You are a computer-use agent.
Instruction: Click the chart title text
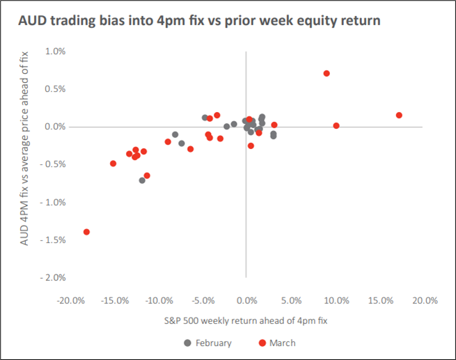tap(199, 21)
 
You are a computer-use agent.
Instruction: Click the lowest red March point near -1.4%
tap(86, 232)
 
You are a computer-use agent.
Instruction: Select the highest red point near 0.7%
tap(327, 73)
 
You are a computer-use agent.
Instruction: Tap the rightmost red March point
tap(399, 115)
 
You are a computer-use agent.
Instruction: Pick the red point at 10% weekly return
tap(336, 125)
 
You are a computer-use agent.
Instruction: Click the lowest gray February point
tap(142, 180)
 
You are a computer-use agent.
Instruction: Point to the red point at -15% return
tap(113, 164)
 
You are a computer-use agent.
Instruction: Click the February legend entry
tap(208, 343)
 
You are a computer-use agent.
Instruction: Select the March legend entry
tap(277, 343)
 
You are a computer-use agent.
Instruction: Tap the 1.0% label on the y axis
tap(55, 52)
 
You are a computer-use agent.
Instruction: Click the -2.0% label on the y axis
tap(53, 278)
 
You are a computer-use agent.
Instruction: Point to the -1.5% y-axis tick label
tap(53, 240)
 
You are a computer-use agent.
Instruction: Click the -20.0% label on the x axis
tap(71, 300)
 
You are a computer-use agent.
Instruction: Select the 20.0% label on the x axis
tap(425, 300)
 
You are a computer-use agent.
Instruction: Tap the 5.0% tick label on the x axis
tap(291, 300)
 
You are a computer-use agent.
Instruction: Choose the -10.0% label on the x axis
tap(159, 300)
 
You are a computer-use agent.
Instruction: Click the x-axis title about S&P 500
tap(246, 321)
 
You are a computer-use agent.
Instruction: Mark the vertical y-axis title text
tap(24, 148)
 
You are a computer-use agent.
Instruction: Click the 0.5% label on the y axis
tap(55, 89)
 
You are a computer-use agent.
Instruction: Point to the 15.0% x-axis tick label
tap(381, 300)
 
